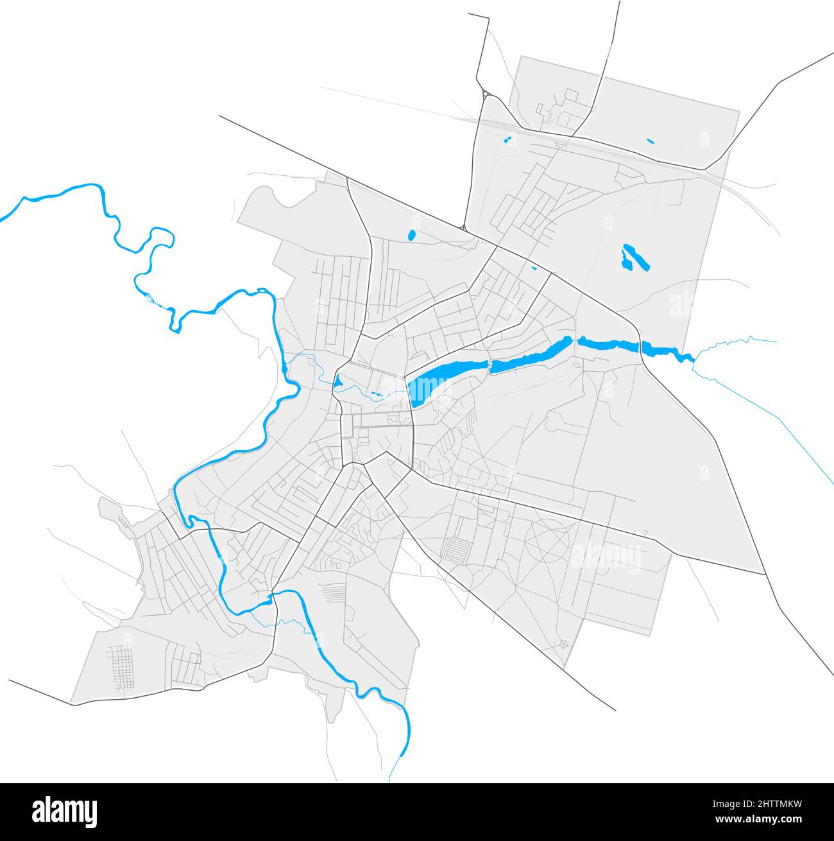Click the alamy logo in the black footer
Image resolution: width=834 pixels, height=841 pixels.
pyautogui.click(x=64, y=811)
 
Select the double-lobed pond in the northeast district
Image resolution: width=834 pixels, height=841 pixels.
pyautogui.click(x=634, y=257)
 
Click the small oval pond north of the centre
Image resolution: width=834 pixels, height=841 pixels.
pyautogui.click(x=411, y=235)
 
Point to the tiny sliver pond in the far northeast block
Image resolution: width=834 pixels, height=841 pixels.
pyautogui.click(x=650, y=141)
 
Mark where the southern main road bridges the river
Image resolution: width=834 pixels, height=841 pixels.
pyautogui.click(x=273, y=597)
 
